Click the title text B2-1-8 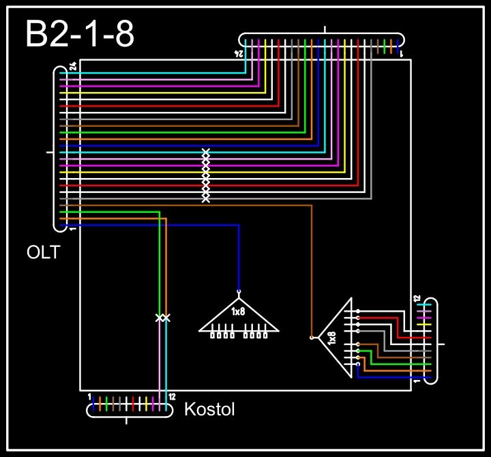tap(79, 34)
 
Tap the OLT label tap(43, 253)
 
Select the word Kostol tap(209, 410)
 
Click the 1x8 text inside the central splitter tap(238, 312)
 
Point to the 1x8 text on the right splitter tap(332, 338)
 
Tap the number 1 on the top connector tap(401, 52)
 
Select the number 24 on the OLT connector tap(72, 68)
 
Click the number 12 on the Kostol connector tap(172, 397)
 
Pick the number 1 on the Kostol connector tap(89, 396)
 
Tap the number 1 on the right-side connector tap(417, 380)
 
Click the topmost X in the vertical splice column tap(206, 151)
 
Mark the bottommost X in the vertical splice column tap(206, 199)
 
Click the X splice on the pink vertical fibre tap(159, 318)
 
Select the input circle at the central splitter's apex tap(239, 291)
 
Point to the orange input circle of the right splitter tap(312, 337)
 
